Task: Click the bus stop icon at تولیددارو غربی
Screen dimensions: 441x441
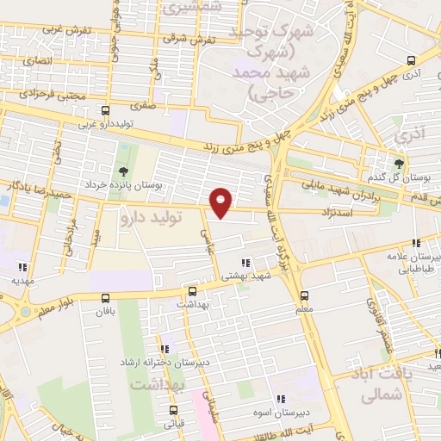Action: (106, 111)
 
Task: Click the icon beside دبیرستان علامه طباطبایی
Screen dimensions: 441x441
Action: (416, 244)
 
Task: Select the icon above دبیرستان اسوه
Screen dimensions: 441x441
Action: (281, 399)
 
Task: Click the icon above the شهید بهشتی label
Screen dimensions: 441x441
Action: (246, 263)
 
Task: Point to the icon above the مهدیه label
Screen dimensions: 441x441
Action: (22, 267)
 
